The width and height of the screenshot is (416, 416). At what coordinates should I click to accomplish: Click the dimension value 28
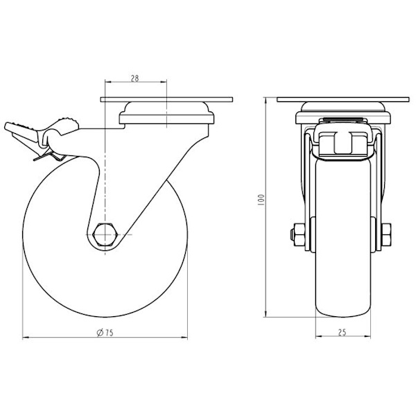pos(135,78)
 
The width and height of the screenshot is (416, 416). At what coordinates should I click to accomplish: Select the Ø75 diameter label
pos(105,333)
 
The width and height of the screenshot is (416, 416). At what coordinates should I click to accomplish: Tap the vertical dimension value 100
pos(261,200)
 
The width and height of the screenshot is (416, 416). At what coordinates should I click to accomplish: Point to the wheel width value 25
pos(343,332)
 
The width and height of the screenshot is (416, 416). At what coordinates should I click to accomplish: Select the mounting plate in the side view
pos(166,99)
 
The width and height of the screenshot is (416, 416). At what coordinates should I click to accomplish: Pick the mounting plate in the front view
pos(343,99)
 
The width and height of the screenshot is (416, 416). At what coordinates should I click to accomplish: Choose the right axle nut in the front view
pos(386,234)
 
